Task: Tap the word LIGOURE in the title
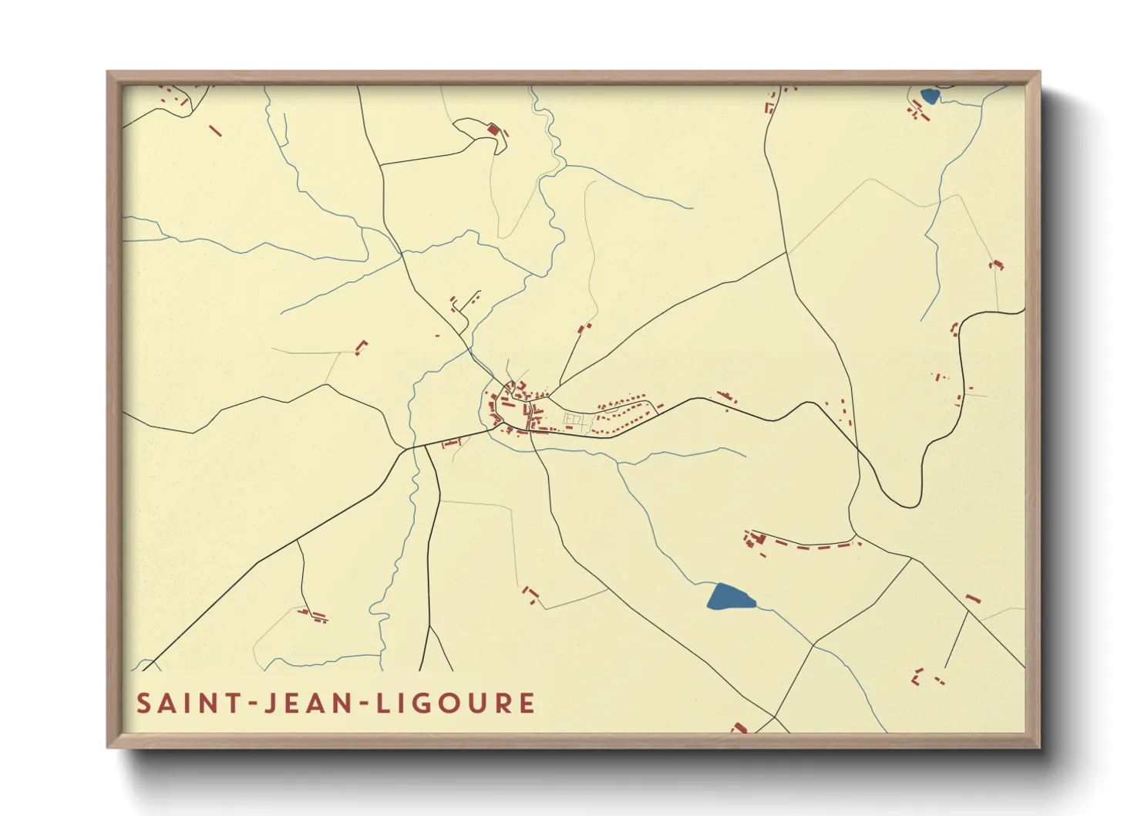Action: click(456, 703)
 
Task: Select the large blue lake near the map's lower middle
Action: click(729, 597)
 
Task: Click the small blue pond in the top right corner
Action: click(929, 96)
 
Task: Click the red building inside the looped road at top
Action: click(493, 130)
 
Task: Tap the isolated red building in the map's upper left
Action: click(216, 131)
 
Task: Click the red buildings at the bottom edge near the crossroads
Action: click(739, 727)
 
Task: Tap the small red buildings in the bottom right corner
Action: click(925, 677)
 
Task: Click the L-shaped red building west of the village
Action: click(361, 347)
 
